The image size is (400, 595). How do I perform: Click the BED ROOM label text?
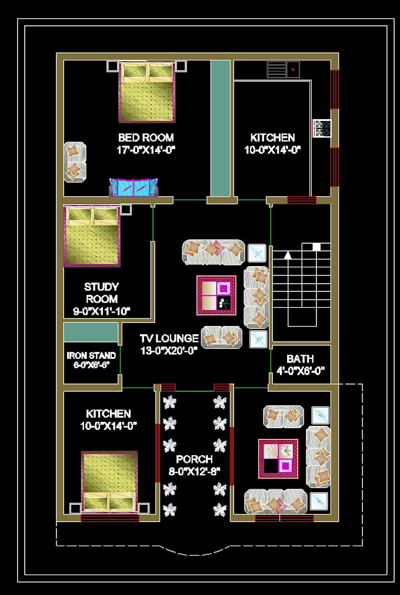[x=146, y=137]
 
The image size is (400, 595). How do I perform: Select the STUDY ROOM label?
[x=101, y=293]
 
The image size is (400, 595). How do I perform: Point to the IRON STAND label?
[x=91, y=355]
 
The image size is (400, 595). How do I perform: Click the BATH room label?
[x=300, y=358]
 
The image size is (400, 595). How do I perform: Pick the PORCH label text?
[x=194, y=459]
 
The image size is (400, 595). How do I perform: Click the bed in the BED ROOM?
[x=147, y=92]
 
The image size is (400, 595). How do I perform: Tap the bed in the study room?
[x=92, y=235]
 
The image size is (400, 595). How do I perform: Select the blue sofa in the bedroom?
[x=134, y=187]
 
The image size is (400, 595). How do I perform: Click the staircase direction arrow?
[x=288, y=256]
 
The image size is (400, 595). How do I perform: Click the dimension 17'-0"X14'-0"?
[x=146, y=150]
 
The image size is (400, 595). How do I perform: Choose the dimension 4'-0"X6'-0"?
[x=300, y=371]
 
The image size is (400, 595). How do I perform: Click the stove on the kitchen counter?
[x=321, y=128]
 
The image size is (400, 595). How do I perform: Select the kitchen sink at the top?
[x=284, y=69]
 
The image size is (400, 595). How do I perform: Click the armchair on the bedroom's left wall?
[x=75, y=162]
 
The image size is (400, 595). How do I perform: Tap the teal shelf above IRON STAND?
[x=91, y=332]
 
